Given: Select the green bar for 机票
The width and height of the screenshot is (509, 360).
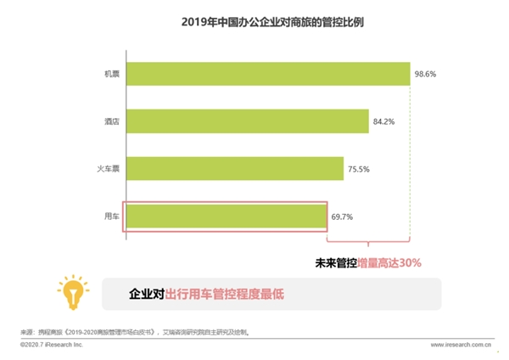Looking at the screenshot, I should click(268, 75).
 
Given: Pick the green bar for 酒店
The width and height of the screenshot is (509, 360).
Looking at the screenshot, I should click(248, 121).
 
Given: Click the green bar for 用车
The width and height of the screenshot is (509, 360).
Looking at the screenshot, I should click(227, 217).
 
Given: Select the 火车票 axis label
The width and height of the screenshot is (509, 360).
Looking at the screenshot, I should click(108, 169).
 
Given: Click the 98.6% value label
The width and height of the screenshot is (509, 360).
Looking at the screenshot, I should click(427, 75).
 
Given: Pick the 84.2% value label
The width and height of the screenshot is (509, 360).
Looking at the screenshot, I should click(384, 121).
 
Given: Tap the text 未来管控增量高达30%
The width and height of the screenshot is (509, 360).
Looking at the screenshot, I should click(369, 262).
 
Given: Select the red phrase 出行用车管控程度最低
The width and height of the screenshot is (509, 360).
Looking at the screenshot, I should click(224, 294).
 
